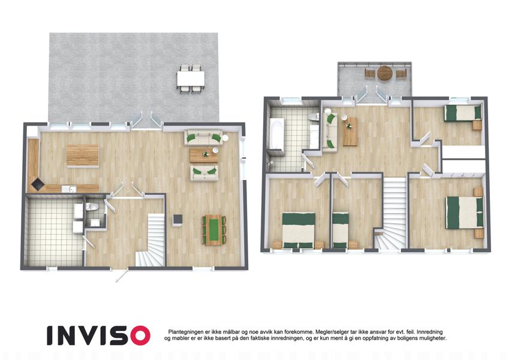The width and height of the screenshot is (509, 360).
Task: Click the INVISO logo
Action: coord(98,335)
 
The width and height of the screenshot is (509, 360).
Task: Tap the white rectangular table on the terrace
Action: coord(191,79)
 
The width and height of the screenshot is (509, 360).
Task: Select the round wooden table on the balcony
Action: coord(385,73)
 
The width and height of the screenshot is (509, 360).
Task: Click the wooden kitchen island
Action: coord(83,156)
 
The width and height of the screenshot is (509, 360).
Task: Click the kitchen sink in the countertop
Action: coord(70,189)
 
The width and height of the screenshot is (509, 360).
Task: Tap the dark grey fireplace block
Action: coord(177,220)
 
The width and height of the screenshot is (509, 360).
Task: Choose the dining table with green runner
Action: coord(213,230)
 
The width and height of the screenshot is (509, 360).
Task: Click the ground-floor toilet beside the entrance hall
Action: coord(92,206)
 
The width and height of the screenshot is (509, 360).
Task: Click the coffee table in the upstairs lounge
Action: coord(350,132)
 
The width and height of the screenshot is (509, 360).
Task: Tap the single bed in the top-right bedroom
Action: coord(463,113)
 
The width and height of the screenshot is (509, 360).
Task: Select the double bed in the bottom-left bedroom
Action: coord(299,230)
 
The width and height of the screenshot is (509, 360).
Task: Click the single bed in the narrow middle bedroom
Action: coord(340,230)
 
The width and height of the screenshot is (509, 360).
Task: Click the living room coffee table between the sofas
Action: coord(204,155)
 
